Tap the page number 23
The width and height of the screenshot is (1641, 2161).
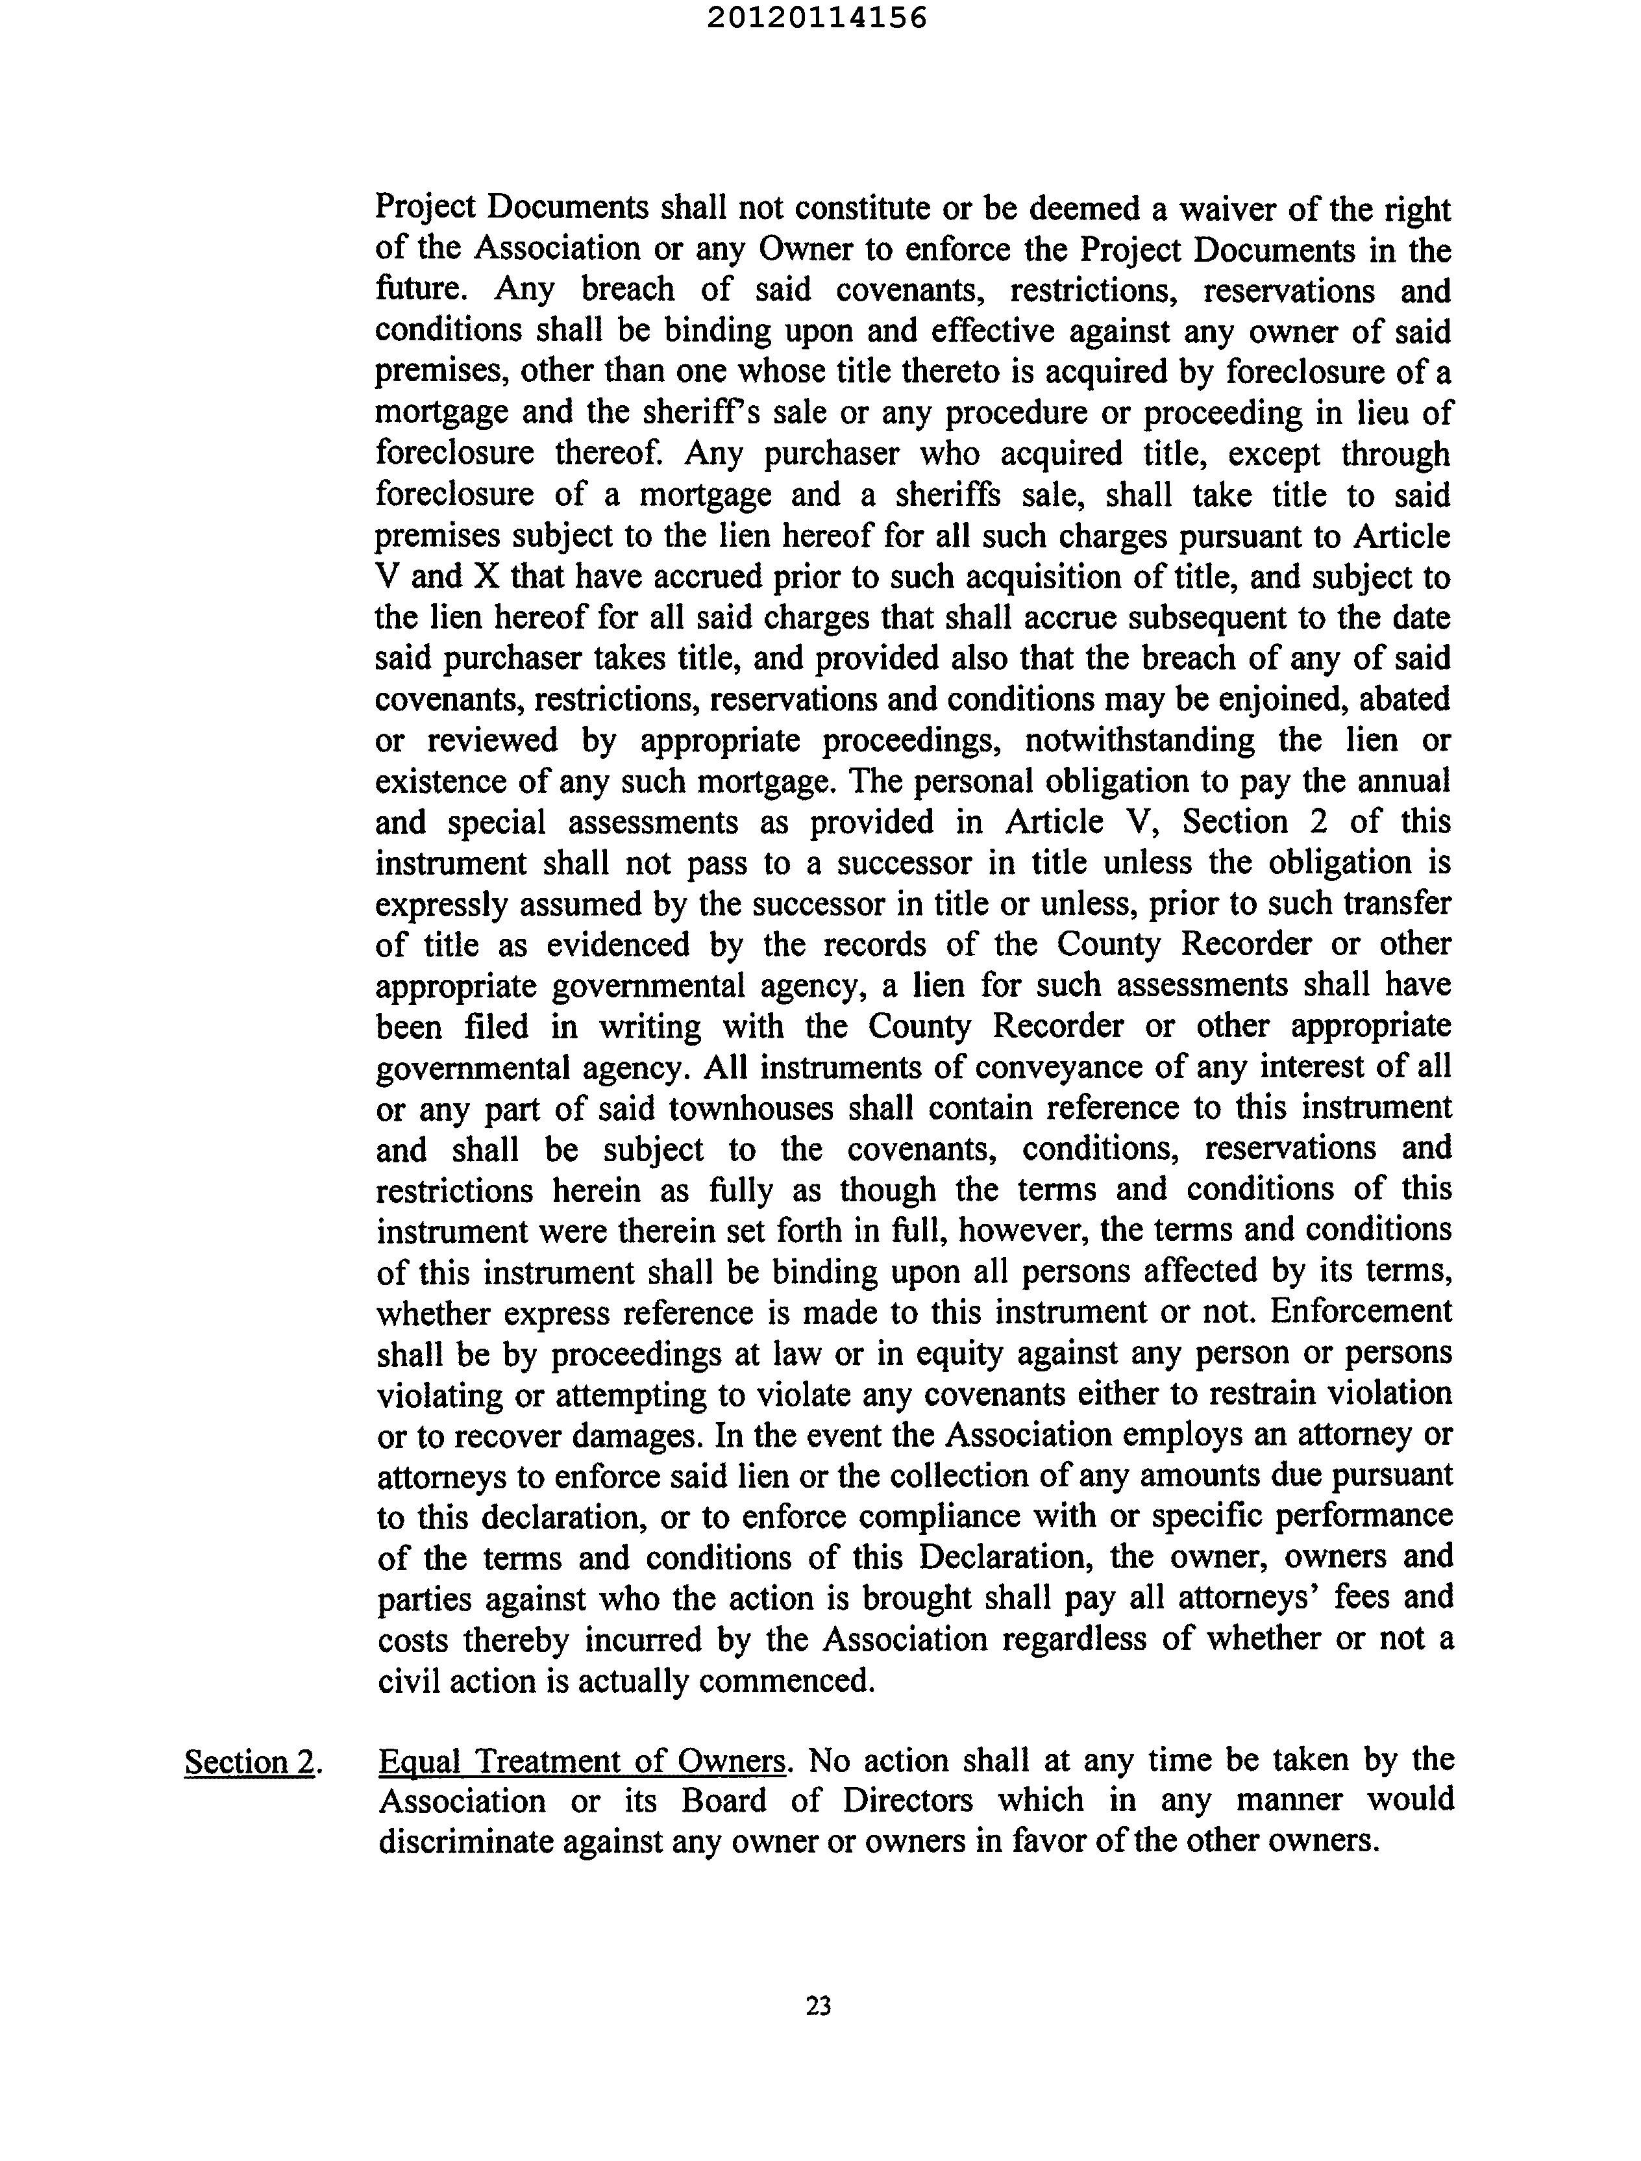[819, 2006]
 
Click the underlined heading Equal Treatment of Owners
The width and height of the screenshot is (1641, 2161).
[582, 1760]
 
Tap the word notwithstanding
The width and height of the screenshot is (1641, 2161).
[1139, 740]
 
